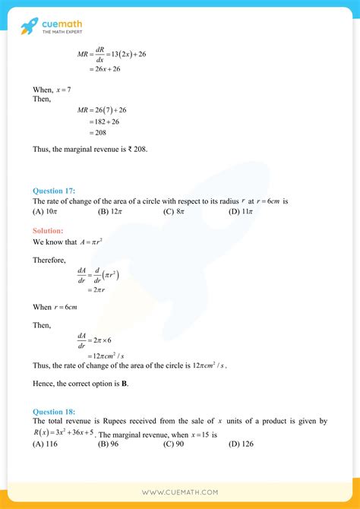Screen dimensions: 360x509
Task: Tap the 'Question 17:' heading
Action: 53,191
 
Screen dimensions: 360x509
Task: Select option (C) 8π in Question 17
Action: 174,211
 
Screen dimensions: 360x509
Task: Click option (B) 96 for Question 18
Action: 109,445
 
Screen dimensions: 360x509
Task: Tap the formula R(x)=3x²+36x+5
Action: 65,433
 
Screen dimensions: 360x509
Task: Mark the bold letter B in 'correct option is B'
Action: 124,384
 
